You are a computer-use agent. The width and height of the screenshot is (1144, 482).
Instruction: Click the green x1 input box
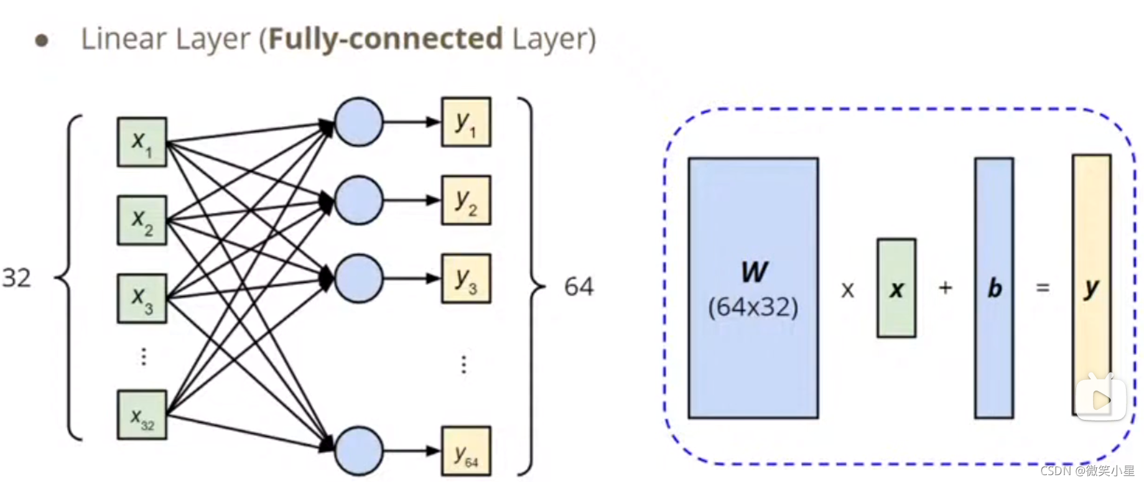[x=142, y=142]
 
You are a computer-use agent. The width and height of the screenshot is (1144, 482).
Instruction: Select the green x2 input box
[x=142, y=220]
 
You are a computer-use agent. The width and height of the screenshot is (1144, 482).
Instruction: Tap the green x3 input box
[x=142, y=299]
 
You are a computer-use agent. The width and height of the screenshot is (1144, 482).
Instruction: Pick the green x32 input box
[x=142, y=415]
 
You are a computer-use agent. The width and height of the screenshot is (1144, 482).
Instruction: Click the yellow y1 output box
[x=466, y=122]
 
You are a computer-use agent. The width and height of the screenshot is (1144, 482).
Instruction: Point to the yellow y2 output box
[x=466, y=200]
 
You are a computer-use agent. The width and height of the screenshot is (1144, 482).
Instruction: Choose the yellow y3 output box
[x=466, y=279]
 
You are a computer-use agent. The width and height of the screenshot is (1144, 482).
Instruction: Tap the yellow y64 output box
[x=466, y=451]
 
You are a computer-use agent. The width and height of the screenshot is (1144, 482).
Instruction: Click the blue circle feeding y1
[x=358, y=122]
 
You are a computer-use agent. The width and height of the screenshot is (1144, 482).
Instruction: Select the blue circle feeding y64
[x=358, y=451]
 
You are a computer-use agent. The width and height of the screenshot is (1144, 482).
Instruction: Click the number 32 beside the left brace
[x=16, y=277]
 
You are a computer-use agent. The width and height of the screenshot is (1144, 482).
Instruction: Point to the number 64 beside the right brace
[x=579, y=287]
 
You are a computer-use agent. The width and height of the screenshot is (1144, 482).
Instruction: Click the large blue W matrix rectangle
[x=753, y=287]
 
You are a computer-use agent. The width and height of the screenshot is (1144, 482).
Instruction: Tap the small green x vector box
[x=896, y=288]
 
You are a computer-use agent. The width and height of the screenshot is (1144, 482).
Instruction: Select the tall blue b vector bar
[x=993, y=287]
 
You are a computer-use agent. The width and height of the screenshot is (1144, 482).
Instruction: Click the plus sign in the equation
[x=945, y=287]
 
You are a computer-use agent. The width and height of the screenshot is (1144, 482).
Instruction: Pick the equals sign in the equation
[x=1043, y=287]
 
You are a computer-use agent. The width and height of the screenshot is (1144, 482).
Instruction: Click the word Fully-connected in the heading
[x=386, y=39]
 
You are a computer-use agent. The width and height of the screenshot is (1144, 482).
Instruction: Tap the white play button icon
[x=1101, y=399]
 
